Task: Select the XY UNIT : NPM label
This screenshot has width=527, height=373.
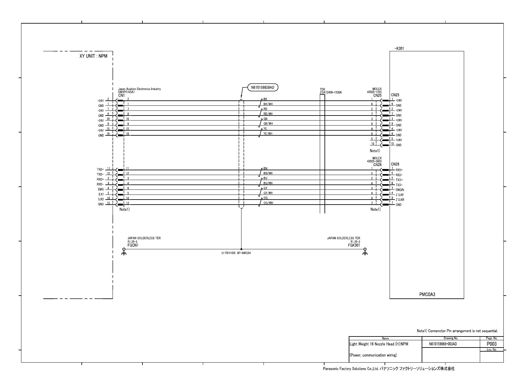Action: click(93, 56)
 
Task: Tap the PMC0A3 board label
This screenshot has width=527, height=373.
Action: click(427, 295)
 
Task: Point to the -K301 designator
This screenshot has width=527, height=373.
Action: click(399, 48)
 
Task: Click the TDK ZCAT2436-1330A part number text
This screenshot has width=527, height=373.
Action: click(330, 92)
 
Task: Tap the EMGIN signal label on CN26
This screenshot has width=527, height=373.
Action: click(400, 190)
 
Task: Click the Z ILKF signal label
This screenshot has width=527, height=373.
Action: click(400, 195)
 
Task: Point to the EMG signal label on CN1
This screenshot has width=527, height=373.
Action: click(101, 189)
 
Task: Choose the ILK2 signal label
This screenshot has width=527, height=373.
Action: click(101, 199)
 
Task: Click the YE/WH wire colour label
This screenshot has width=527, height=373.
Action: click(268, 133)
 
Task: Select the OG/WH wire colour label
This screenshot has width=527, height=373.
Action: click(268, 203)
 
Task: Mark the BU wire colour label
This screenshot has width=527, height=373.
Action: click(265, 178)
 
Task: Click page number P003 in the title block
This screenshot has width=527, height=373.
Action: click(491, 344)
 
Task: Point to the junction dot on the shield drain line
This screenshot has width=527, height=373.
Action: click(241, 249)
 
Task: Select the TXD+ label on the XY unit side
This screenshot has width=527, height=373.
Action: click(100, 170)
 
